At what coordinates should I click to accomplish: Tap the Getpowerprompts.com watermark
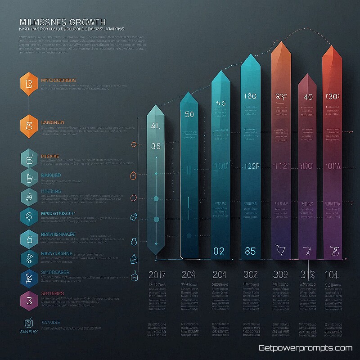[305, 348]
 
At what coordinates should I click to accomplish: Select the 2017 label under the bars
[157, 274]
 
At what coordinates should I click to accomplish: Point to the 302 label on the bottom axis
[250, 274]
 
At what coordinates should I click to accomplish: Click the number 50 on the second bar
[189, 114]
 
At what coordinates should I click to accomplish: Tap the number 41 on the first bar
[156, 126]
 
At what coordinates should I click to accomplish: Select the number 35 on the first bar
[156, 146]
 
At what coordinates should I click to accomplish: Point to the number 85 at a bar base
[250, 251]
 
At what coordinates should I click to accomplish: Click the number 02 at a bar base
[219, 251]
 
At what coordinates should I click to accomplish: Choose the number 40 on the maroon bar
[308, 97]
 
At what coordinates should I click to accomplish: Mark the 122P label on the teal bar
[252, 166]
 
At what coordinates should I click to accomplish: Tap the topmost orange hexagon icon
[28, 83]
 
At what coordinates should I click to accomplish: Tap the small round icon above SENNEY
[28, 322]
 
